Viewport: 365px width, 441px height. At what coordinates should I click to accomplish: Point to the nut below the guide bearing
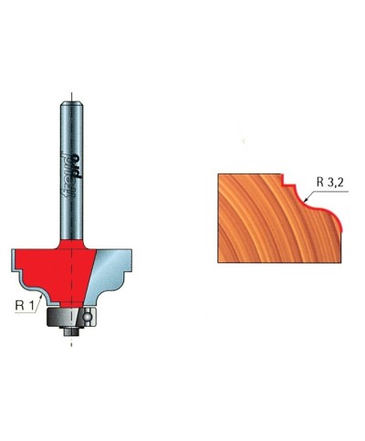(x=70, y=331)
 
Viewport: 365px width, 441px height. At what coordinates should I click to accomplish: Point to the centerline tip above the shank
(x=71, y=90)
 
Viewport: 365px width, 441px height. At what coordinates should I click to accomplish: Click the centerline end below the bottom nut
(x=71, y=345)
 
